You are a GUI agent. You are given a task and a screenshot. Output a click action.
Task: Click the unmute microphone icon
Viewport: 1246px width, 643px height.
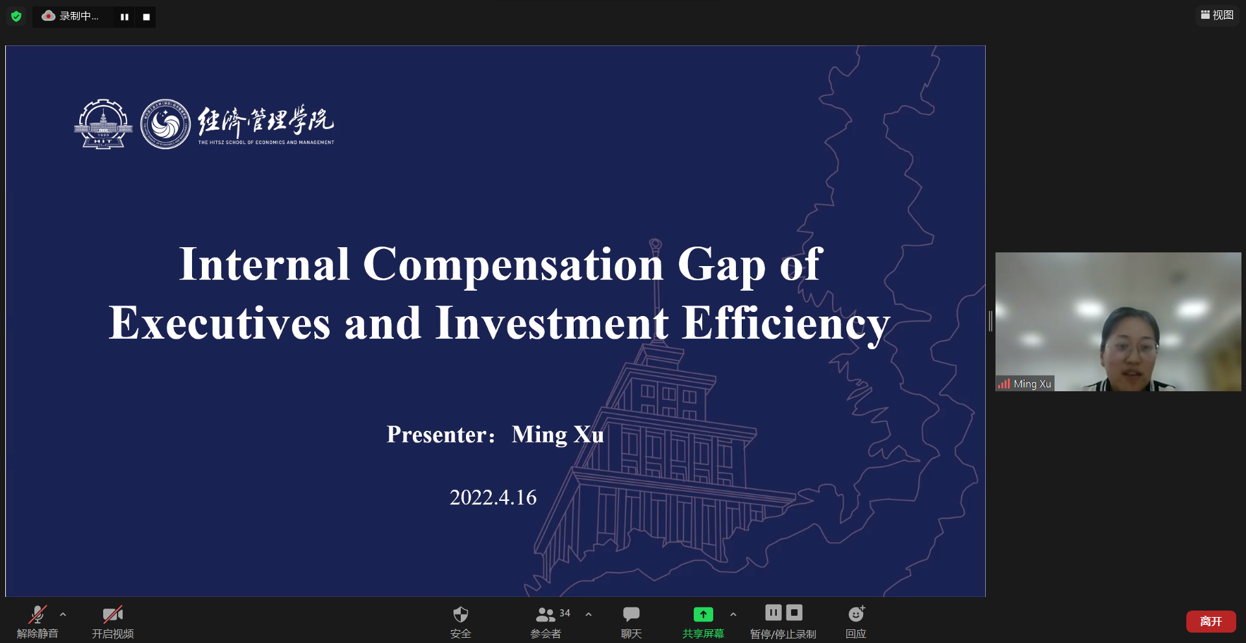click(38, 614)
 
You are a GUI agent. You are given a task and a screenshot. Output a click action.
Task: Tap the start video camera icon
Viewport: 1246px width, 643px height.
click(113, 614)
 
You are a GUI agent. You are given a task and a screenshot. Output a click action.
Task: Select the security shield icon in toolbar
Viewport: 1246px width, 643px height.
click(461, 614)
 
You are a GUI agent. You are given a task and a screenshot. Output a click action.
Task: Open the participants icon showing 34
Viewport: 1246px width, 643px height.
click(546, 614)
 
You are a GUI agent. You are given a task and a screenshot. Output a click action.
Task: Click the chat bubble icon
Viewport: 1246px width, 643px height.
click(631, 614)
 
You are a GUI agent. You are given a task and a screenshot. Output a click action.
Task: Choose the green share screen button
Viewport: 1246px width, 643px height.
click(703, 614)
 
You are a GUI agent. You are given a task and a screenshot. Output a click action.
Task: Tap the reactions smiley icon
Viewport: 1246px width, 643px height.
click(857, 613)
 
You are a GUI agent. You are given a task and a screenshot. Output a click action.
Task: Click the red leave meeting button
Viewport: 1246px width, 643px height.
click(1211, 622)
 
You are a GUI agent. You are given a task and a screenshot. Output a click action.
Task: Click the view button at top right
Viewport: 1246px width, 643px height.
click(1217, 15)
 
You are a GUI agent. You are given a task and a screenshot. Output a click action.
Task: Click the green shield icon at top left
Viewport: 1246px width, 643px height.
click(16, 16)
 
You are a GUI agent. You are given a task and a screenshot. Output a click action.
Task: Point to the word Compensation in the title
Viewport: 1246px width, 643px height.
click(513, 265)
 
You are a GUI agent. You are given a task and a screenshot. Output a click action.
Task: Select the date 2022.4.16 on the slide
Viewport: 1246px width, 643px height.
click(493, 498)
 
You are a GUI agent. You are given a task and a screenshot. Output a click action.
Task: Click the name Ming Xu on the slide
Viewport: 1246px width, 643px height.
click(558, 435)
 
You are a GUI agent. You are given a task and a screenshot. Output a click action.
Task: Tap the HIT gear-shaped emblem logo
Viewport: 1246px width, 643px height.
click(104, 124)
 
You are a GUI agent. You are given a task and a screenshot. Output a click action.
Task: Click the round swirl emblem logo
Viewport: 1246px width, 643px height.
click(165, 124)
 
